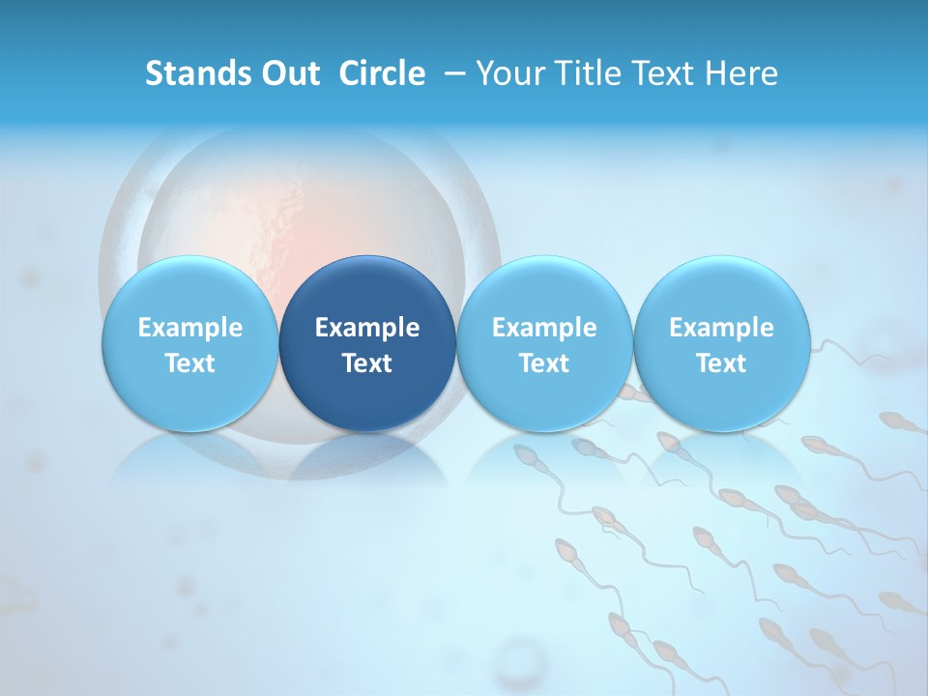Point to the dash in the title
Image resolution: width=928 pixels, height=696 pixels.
[x=452, y=73]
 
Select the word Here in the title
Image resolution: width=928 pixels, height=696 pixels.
[x=742, y=73]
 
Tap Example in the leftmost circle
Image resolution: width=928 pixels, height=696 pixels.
[x=190, y=328]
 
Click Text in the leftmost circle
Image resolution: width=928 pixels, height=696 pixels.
[x=190, y=363]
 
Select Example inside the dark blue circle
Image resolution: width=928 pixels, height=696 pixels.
[x=367, y=328]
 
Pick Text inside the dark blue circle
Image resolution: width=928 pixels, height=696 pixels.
[x=367, y=363]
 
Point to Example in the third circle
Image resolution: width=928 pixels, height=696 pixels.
[x=544, y=328]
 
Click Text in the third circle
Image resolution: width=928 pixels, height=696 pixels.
[x=544, y=363]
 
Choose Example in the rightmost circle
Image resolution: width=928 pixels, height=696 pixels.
[x=721, y=328]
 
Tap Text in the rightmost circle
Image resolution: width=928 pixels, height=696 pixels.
[x=721, y=363]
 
